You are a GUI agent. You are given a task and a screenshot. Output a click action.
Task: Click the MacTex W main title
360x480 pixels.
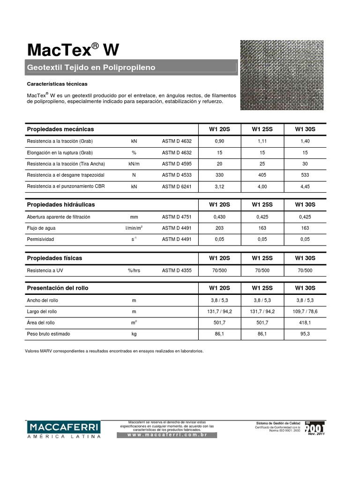(74, 49)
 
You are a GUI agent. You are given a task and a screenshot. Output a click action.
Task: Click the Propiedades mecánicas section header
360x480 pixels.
(60, 129)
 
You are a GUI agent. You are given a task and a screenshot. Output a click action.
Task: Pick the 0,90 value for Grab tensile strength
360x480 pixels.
(219, 141)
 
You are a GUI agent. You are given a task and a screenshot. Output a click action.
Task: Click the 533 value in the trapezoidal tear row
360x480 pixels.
(305, 175)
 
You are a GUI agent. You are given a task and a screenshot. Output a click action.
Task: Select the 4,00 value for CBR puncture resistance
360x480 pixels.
(262, 186)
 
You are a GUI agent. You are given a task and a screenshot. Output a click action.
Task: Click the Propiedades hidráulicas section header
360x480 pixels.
(61, 205)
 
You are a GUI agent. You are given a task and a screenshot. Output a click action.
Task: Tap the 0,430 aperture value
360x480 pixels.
(219, 217)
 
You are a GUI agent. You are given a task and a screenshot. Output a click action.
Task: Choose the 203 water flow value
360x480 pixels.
(219, 228)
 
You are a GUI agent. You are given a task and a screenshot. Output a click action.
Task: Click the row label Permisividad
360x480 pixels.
(41, 240)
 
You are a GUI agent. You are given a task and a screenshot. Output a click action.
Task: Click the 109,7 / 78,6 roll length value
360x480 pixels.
(305, 311)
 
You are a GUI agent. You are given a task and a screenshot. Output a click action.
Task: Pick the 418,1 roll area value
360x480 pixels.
(305, 322)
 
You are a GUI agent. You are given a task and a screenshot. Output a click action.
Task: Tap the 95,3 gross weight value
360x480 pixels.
(305, 334)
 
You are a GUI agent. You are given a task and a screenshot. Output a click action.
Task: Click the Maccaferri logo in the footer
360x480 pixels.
(64, 429)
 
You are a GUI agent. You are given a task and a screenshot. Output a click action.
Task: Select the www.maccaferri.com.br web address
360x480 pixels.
(167, 435)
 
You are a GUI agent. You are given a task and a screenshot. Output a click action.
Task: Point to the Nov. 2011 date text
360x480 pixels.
(315, 434)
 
